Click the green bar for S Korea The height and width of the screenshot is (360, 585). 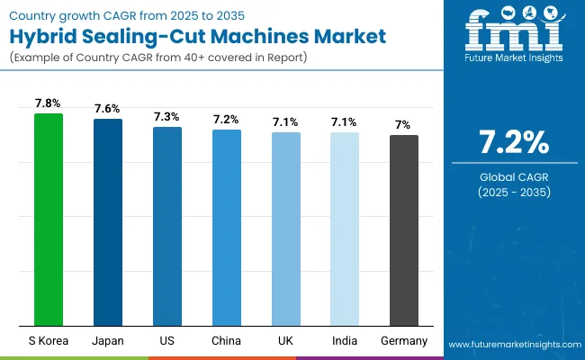pyautogui.click(x=49, y=220)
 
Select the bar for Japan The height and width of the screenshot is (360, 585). pyautogui.click(x=108, y=222)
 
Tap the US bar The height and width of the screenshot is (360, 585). pyautogui.click(x=166, y=226)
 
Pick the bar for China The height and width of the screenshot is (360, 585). pyautogui.click(x=226, y=228)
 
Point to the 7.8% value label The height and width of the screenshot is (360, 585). pyautogui.click(x=49, y=103)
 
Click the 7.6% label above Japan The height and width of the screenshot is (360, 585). pyautogui.click(x=108, y=109)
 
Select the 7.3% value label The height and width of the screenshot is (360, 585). pyautogui.click(x=166, y=117)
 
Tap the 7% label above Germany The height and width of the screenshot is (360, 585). pyautogui.click(x=403, y=125)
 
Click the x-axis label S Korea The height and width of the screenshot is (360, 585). pyautogui.click(x=49, y=340)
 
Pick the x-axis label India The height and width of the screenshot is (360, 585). pyautogui.click(x=345, y=340)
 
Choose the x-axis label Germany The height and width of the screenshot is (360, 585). pyautogui.click(x=403, y=340)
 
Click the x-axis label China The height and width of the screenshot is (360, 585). pyautogui.click(x=226, y=340)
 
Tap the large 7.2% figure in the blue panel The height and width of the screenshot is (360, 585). pyautogui.click(x=512, y=142)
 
